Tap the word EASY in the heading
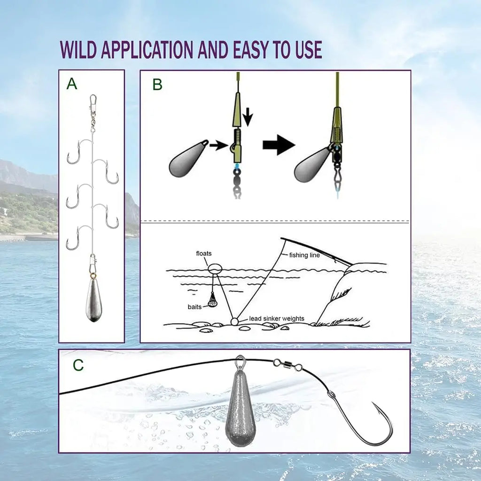click(251, 49)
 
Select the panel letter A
click(71, 84)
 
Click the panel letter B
click(157, 85)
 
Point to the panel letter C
click(78, 365)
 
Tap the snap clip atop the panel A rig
click(93, 101)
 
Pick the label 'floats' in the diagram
click(203, 254)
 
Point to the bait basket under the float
click(213, 300)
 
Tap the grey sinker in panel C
click(240, 409)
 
